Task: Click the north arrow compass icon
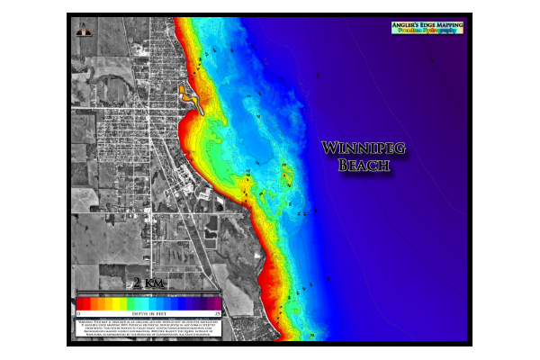point(84,30)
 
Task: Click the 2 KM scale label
point(148,283)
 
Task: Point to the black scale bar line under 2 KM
point(148,292)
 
